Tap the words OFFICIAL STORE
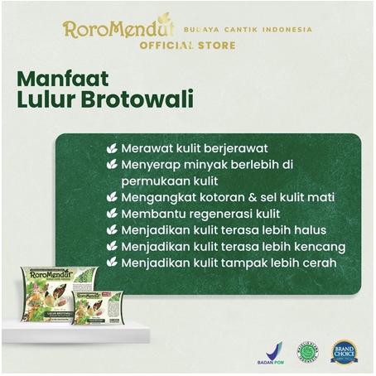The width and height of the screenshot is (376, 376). (x=188, y=45)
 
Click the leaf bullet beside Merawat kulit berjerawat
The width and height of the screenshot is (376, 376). (x=112, y=148)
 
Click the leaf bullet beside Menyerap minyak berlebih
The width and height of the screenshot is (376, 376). (x=112, y=165)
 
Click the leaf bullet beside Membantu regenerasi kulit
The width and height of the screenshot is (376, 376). (x=112, y=214)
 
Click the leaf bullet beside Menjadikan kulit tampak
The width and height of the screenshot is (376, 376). (x=112, y=263)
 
